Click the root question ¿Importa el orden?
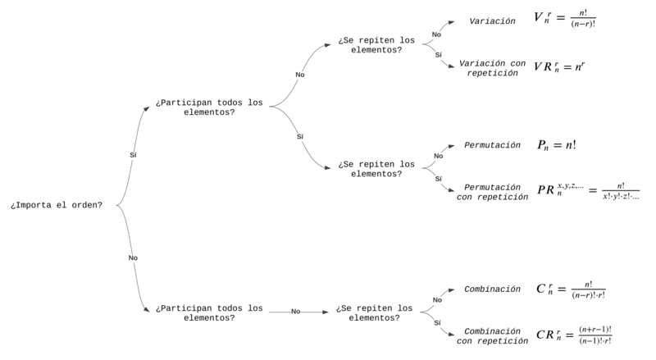(x=57, y=205)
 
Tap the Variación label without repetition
(x=492, y=21)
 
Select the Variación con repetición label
(x=492, y=68)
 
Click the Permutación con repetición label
(x=492, y=192)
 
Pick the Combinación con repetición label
(x=492, y=335)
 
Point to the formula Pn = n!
(x=557, y=145)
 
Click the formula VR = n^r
(x=559, y=66)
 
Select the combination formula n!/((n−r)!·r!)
(x=571, y=289)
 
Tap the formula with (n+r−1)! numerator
(x=574, y=335)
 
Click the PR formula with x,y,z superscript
(x=588, y=190)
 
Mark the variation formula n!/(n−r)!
(x=565, y=18)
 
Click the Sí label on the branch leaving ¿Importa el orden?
(x=133, y=155)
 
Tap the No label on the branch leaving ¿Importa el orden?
(x=133, y=257)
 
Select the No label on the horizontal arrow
(x=296, y=312)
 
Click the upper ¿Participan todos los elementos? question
(x=209, y=107)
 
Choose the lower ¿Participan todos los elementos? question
(x=209, y=312)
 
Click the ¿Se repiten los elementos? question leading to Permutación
(x=376, y=169)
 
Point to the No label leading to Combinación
(x=437, y=299)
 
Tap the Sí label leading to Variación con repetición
(x=438, y=55)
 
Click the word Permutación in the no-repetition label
(x=492, y=145)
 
